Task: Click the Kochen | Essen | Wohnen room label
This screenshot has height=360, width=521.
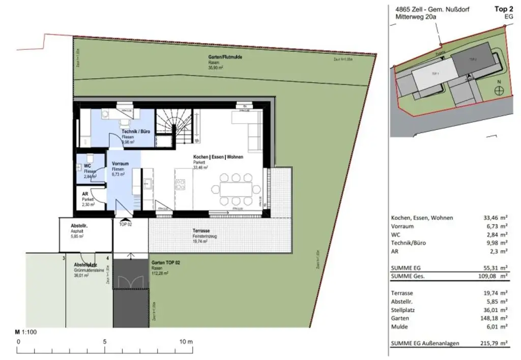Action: click(x=218, y=157)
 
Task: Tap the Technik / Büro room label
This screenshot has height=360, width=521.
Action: click(x=136, y=132)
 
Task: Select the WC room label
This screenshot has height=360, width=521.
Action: click(x=87, y=166)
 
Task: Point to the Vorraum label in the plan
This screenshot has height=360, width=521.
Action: click(x=121, y=164)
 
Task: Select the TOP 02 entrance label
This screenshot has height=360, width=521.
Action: click(x=125, y=224)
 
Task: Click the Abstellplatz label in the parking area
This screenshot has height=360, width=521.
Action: click(x=85, y=265)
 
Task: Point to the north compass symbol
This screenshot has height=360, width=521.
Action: click(x=501, y=90)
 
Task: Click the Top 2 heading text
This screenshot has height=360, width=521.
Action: click(x=503, y=9)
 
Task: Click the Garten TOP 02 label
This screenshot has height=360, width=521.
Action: click(x=166, y=263)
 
